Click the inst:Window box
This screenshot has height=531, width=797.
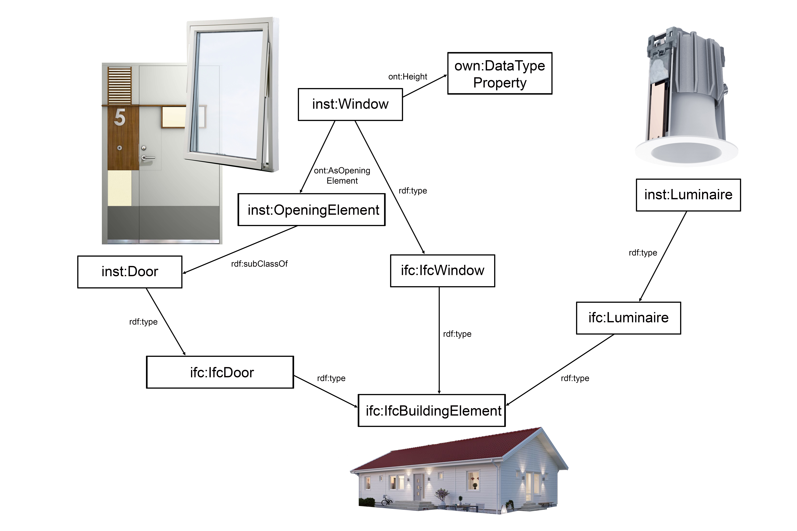(350, 104)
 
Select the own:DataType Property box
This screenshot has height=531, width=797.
(499, 74)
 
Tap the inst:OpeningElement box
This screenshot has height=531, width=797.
(311, 210)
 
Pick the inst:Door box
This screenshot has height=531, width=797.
(130, 272)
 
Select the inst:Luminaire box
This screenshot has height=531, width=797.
(688, 195)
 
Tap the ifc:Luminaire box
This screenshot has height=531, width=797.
(628, 318)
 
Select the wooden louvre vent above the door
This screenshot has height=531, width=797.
(120, 85)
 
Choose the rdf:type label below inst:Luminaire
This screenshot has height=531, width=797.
(643, 253)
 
